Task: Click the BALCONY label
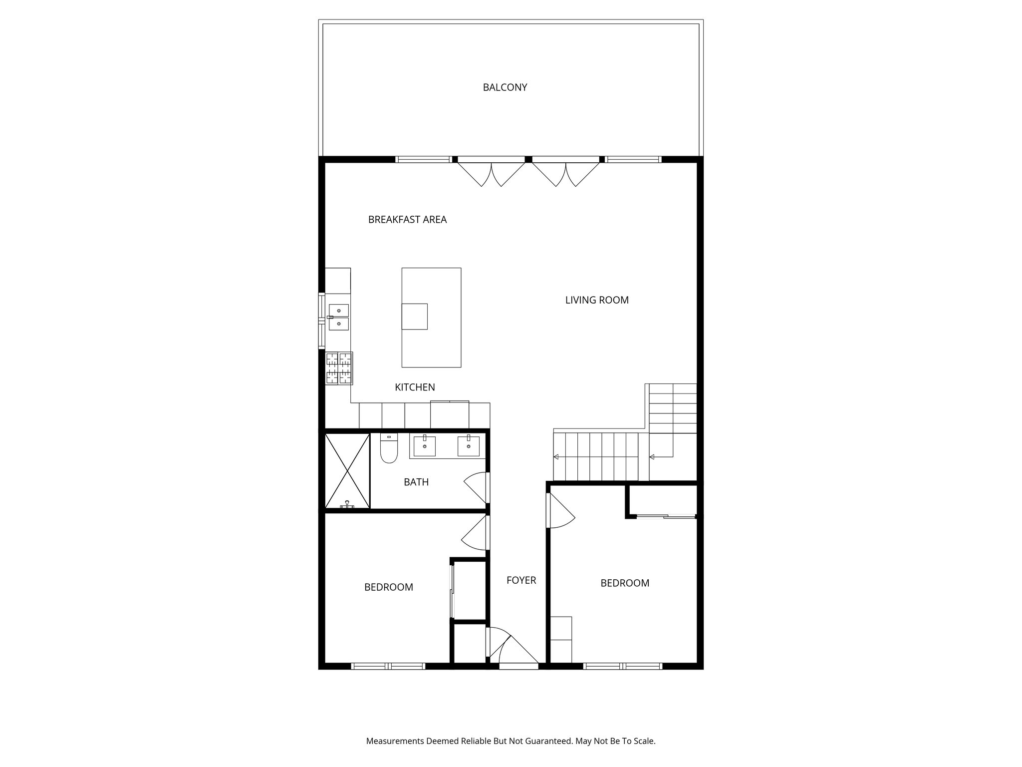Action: coord(505,87)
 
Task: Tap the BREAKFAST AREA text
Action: coord(407,220)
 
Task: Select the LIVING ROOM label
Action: coord(597,300)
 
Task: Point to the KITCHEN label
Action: coord(415,387)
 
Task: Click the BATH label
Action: coord(416,482)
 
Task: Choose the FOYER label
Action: coord(521,580)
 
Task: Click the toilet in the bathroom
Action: coord(389,449)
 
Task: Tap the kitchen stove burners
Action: coord(339,369)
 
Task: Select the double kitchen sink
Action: coord(339,317)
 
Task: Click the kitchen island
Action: coord(431,318)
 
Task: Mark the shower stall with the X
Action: coord(347,471)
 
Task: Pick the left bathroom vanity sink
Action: coord(424,446)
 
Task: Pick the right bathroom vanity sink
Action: coord(469,446)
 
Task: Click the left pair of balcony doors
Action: coord(491,172)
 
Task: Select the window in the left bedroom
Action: coord(388,666)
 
